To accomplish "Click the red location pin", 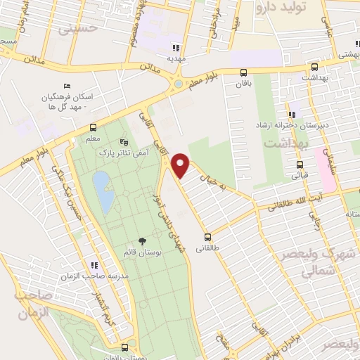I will [181, 165].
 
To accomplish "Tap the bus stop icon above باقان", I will [243, 72].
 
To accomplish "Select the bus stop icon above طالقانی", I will [207, 237].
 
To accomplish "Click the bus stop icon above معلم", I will [92, 127].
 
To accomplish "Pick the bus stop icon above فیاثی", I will [300, 165].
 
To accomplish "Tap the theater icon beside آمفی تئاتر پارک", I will [124, 141].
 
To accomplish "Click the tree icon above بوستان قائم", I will [141, 242].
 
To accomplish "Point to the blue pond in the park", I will [103, 192].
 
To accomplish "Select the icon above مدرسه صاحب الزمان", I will [94, 265].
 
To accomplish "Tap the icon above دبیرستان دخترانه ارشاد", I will [291, 115].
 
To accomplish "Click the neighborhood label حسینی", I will [77, 30].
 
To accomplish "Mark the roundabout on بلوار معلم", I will [178, 84].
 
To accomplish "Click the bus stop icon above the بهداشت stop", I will [315, 69].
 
